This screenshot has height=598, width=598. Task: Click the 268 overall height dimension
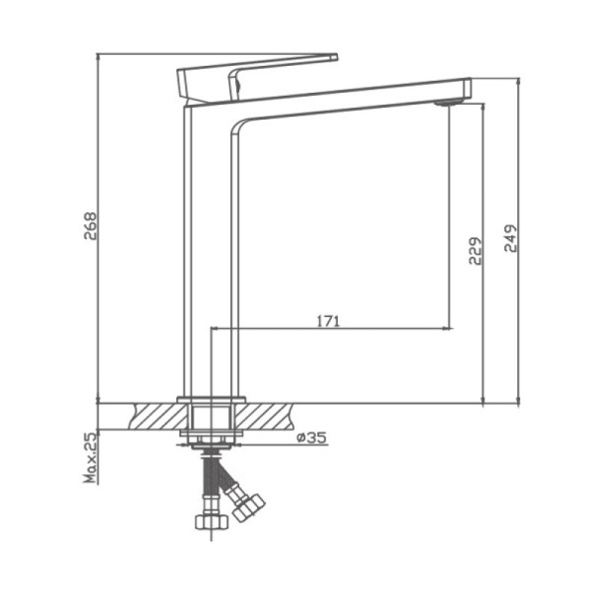pos(90,229)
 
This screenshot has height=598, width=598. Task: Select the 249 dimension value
pos(510,240)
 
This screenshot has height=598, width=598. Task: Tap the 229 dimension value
pos(474,251)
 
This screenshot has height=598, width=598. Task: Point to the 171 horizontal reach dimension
pos(329,321)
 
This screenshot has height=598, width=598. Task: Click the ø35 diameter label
pos(312,438)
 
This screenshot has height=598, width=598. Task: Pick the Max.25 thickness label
pos(90,457)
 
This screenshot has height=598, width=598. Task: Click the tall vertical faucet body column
pos(209,249)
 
